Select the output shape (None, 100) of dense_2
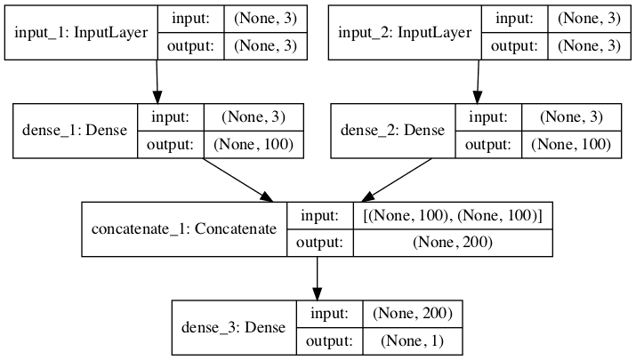[565, 143]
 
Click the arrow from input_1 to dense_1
[157, 82]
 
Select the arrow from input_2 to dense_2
[479, 82]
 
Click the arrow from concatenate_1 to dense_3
[317, 278]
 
